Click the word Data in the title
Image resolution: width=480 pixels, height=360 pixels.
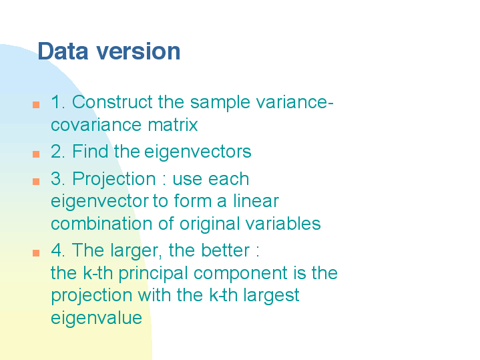coord(63,51)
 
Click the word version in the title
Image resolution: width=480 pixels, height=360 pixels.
coord(138,52)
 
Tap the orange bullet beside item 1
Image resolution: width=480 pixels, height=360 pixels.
coord(36,105)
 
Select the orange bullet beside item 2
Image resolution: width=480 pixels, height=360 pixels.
coord(36,154)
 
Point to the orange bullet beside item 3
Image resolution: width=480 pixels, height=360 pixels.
coord(36,182)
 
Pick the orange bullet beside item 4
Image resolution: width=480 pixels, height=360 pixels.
coord(36,252)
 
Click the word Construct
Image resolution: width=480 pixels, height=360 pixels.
coord(112,102)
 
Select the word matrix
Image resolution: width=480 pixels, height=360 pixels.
coord(173,125)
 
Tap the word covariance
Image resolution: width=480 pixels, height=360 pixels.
coord(96,126)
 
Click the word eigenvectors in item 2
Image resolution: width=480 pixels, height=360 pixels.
coord(198,152)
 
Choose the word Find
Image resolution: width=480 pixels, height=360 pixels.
coord(90,151)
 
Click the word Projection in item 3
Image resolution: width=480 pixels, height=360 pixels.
coord(114,179)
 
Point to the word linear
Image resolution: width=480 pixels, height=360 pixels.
coord(256,201)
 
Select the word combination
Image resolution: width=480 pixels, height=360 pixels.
coord(101,224)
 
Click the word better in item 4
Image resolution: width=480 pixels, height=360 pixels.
coord(225,250)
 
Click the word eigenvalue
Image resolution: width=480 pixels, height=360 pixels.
coord(96,319)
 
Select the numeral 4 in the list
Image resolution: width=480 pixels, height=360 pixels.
coord(56,250)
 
